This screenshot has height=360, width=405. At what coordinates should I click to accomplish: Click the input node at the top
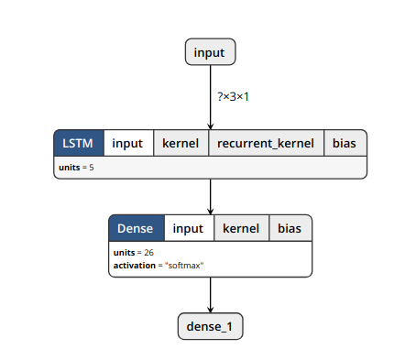click(211, 52)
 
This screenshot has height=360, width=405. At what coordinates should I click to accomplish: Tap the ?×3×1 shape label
click(233, 96)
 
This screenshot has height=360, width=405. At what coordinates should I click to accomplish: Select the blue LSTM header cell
click(79, 144)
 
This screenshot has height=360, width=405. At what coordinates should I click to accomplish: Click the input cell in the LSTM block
click(128, 144)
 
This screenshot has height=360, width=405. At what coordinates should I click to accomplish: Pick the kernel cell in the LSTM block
click(181, 144)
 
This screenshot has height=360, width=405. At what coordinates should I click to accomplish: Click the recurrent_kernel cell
click(265, 144)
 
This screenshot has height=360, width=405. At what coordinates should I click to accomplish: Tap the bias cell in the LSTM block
click(345, 144)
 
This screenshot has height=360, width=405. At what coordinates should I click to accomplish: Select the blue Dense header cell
click(137, 228)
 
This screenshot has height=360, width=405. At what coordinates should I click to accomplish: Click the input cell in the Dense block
click(189, 228)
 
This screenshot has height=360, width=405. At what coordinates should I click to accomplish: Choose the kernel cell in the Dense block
click(241, 228)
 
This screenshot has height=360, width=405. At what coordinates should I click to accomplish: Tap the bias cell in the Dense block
click(290, 228)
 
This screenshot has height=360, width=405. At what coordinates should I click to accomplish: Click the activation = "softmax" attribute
click(158, 265)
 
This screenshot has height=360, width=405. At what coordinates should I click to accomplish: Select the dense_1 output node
click(211, 325)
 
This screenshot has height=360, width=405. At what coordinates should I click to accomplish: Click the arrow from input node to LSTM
click(211, 96)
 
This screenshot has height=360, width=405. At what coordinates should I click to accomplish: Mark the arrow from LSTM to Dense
click(211, 196)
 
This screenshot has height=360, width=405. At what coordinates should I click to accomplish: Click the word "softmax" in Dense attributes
click(183, 265)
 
